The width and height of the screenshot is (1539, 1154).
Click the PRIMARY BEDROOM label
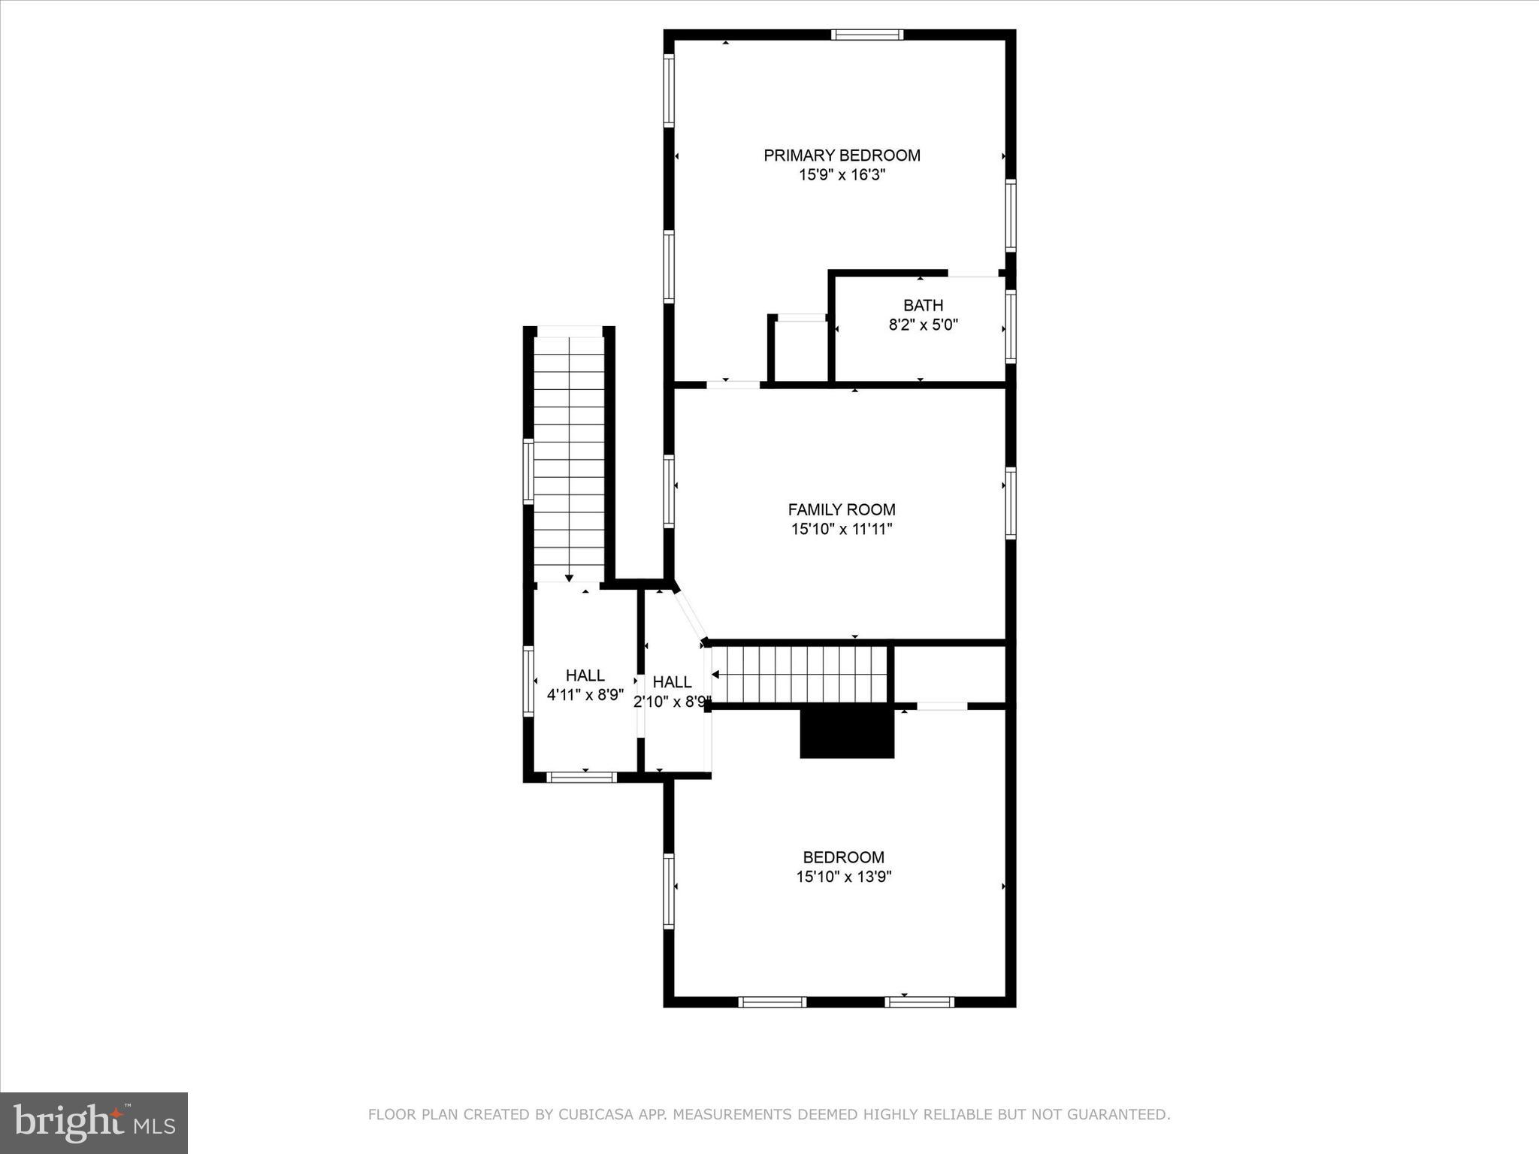[842, 156]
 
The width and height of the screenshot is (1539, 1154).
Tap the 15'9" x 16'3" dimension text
[842, 175]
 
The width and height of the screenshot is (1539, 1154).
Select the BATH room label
[923, 306]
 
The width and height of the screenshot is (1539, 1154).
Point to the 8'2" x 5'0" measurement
[923, 325]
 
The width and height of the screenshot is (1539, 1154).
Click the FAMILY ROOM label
[842, 509]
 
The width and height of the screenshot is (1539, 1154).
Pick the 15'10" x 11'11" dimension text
[842, 529]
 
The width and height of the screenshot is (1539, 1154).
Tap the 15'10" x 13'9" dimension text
[844, 876]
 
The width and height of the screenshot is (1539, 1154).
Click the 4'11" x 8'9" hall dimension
[585, 695]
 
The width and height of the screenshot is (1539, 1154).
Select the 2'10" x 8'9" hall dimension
[672, 702]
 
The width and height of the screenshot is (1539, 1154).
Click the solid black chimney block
[847, 733]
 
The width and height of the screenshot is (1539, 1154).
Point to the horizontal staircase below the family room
[800, 674]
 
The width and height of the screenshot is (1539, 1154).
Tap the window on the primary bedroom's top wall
[867, 35]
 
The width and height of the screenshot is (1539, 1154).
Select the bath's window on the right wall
[1011, 326]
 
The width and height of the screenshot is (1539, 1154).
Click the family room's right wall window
[1011, 503]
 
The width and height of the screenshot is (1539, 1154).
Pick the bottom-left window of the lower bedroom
[772, 1001]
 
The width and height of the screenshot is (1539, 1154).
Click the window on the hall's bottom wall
[582, 778]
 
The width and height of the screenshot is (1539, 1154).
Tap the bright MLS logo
[94, 1122]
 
